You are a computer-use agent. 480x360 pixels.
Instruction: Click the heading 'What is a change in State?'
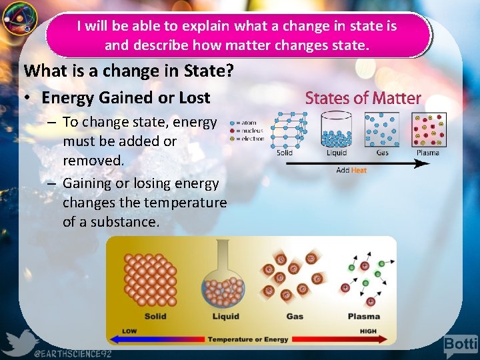pyautogui.click(x=129, y=70)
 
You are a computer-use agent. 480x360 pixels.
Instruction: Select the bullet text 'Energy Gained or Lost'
pyautogui.click(x=125, y=97)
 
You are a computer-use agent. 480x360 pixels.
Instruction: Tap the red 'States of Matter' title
pyautogui.click(x=363, y=99)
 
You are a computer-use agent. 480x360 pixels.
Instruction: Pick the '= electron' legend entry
pyautogui.click(x=249, y=139)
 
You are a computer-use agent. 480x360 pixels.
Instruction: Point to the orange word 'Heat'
pyautogui.click(x=359, y=171)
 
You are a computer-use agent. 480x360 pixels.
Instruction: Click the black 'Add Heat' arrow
pyautogui.click(x=353, y=162)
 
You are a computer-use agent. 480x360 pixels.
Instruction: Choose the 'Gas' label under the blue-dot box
pyautogui.click(x=382, y=153)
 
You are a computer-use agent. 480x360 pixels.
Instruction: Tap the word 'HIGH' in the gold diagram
pyautogui.click(x=367, y=331)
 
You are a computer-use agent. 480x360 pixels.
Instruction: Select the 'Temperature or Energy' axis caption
pyautogui.click(x=248, y=339)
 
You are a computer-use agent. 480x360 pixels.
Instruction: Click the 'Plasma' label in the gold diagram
pyautogui.click(x=363, y=316)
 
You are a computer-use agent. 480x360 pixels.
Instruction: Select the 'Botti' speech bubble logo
pyautogui.click(x=461, y=345)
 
